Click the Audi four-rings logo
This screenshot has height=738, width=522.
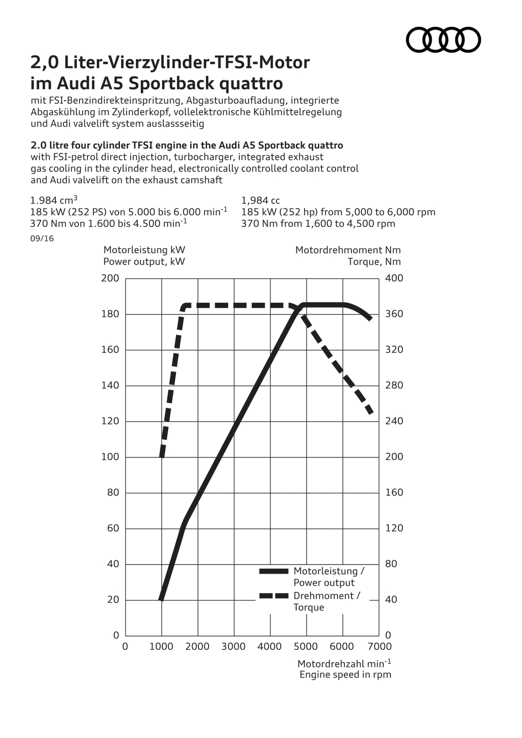[443, 39]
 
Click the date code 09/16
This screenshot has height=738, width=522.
[42, 238]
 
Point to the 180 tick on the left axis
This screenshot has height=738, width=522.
[110, 314]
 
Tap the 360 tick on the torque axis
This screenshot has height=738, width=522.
[394, 314]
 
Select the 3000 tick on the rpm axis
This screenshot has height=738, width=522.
[234, 646]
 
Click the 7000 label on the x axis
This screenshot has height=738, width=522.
[380, 646]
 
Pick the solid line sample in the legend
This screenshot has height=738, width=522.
[274, 571]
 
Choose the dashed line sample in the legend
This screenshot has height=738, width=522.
[274, 596]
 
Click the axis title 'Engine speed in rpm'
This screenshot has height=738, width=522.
[345, 674]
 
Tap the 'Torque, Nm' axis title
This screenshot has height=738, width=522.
[374, 262]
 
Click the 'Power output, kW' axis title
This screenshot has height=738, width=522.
[144, 262]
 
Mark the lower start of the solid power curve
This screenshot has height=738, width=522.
[161, 599]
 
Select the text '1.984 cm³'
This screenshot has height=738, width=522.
[54, 200]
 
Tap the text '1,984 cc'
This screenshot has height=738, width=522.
[260, 200]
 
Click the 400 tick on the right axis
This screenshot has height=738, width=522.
[394, 278]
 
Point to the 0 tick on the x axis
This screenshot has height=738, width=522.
[125, 646]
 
